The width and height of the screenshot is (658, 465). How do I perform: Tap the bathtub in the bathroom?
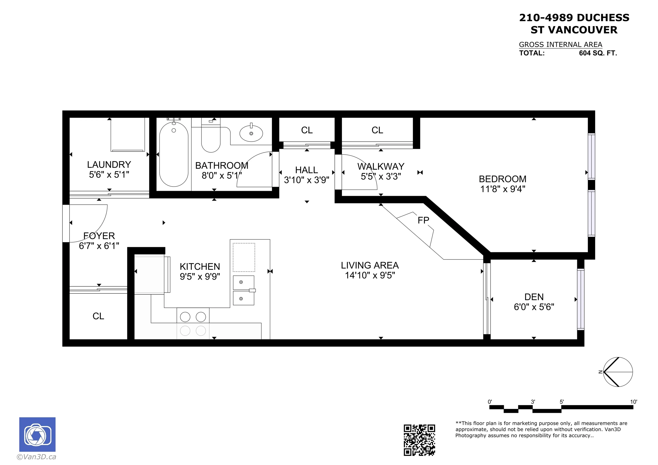[174, 155]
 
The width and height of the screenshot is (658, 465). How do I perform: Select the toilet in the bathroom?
[211, 138]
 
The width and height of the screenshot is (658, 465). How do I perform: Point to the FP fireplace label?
[423, 220]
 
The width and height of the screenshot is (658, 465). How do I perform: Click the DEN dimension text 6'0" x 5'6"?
[534, 307]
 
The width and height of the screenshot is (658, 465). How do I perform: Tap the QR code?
[419, 440]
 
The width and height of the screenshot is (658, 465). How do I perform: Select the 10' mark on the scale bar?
[633, 402]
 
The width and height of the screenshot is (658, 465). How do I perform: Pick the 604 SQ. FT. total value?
[598, 53]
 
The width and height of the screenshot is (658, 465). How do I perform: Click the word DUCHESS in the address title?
[603, 18]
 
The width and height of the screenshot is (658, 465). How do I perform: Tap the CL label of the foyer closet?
[98, 316]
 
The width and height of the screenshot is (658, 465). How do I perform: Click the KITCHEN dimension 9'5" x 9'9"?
[200, 276]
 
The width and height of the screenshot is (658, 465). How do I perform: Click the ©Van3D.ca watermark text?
[36, 457]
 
